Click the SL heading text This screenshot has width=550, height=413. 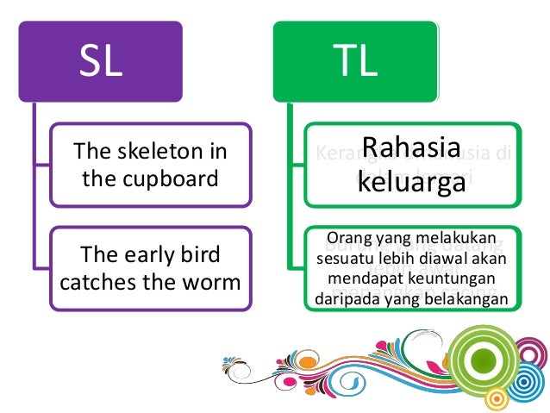click(102, 63)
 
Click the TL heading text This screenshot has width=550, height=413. click(354, 63)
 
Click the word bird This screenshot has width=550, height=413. click(199, 254)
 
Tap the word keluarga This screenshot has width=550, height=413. click(413, 183)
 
